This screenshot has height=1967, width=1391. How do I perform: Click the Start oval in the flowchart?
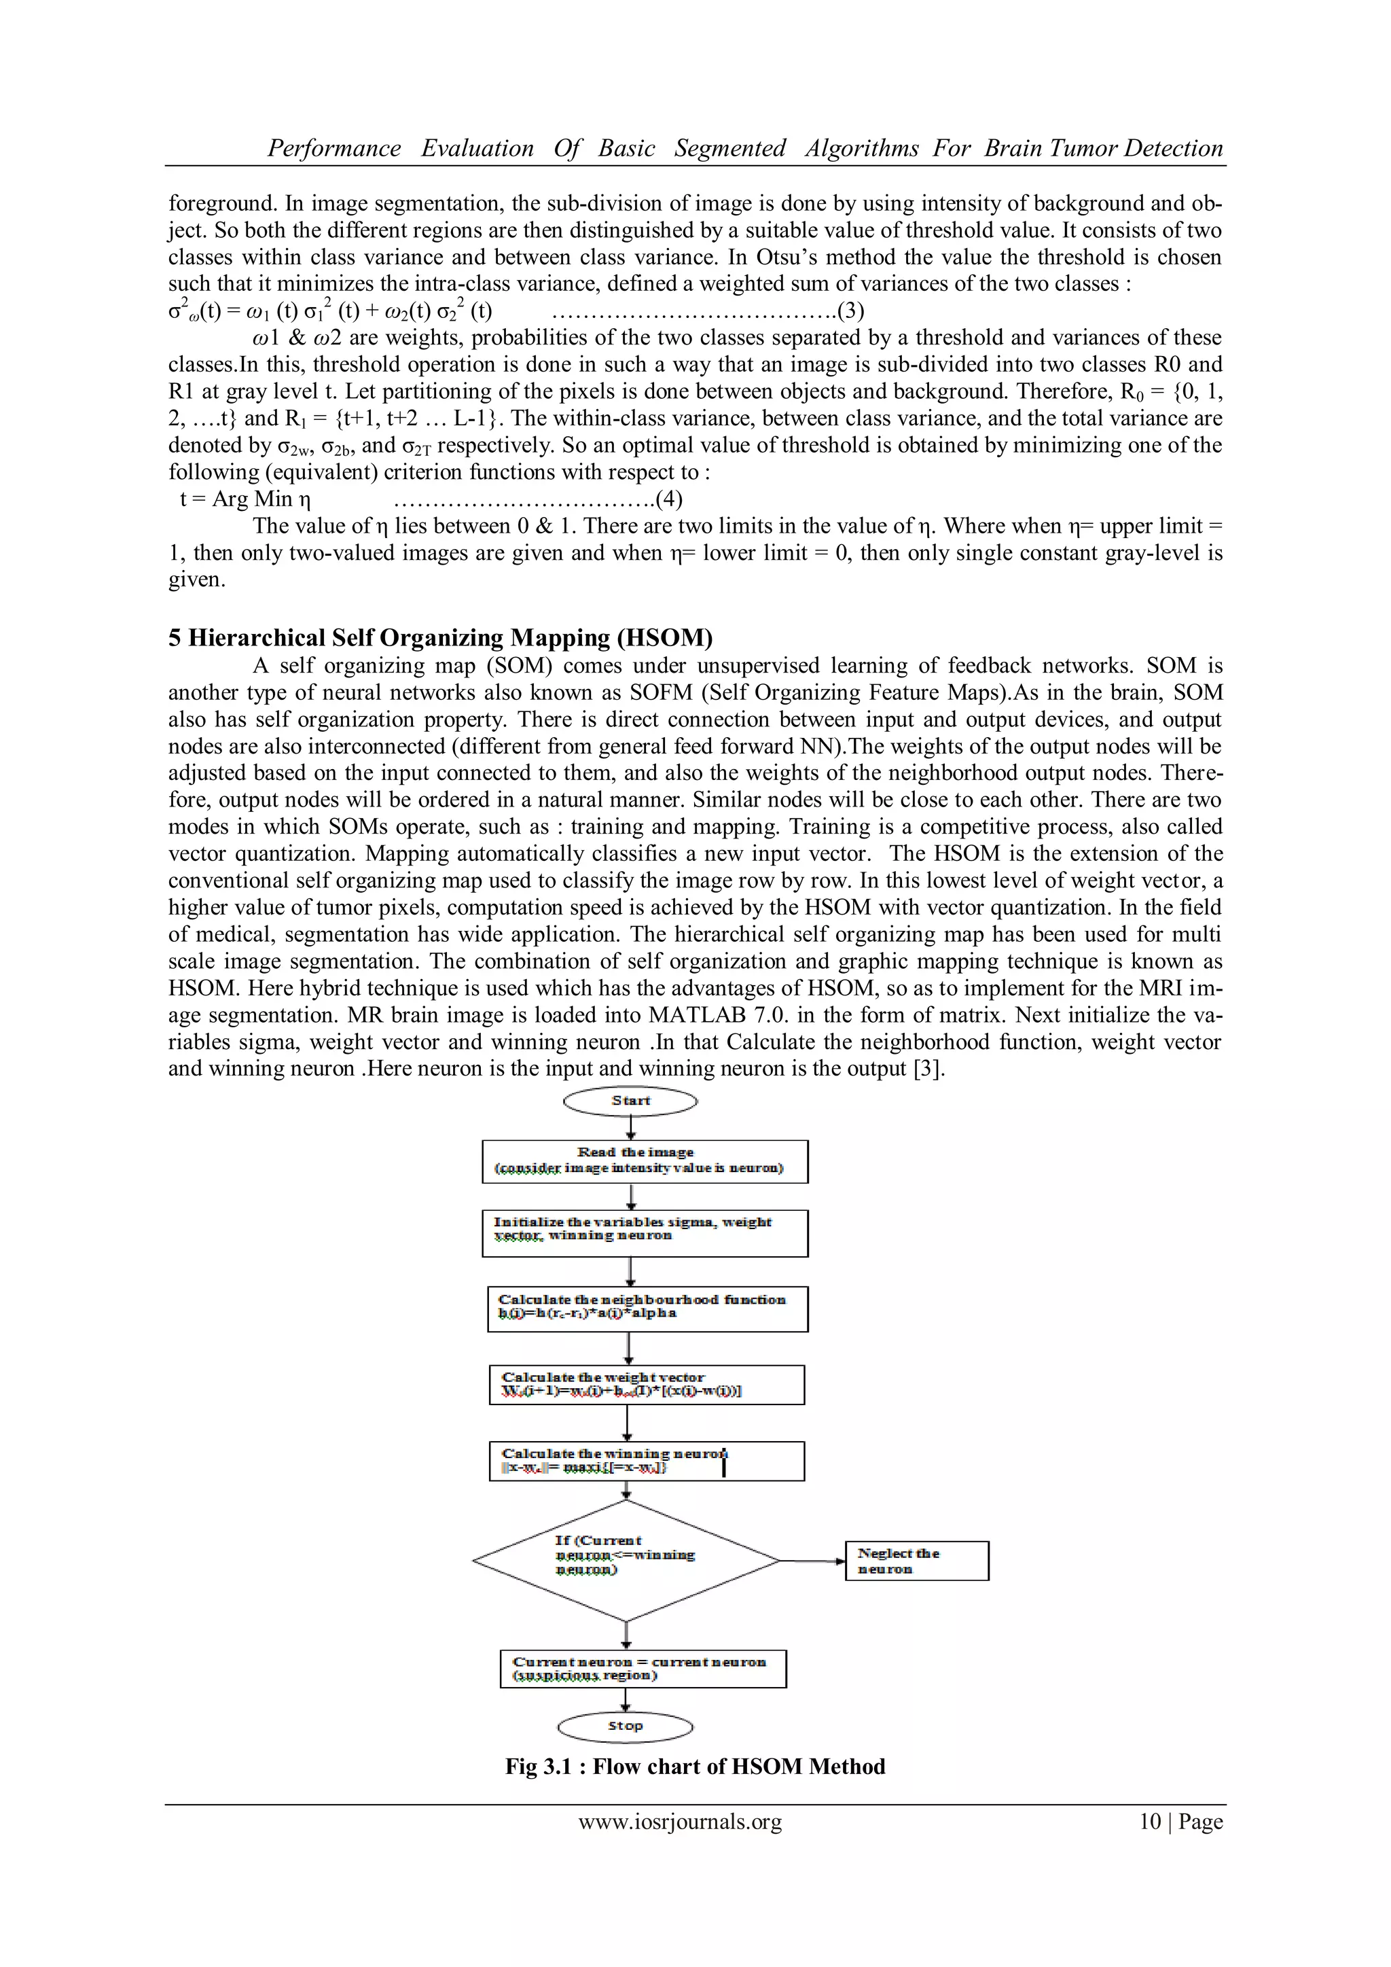(x=630, y=1101)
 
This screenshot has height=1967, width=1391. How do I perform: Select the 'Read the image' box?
(x=644, y=1162)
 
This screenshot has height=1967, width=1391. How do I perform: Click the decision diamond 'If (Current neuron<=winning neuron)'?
(x=626, y=1561)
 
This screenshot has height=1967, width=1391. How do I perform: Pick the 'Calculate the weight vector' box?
(x=647, y=1385)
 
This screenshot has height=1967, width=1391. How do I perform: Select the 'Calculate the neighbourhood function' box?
(x=647, y=1309)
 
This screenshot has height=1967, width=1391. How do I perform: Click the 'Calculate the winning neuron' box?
(x=647, y=1461)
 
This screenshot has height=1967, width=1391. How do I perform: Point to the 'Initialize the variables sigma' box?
(x=644, y=1233)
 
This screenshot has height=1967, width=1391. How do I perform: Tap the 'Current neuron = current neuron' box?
(x=643, y=1669)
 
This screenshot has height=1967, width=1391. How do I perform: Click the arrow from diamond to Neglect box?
(x=812, y=1561)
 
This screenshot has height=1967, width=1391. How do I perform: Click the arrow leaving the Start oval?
(x=631, y=1129)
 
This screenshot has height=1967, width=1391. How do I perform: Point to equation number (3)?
(x=850, y=310)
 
